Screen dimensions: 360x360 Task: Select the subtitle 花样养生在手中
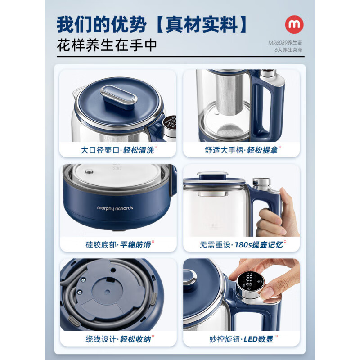[107, 46]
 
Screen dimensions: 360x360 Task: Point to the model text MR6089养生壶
[286, 43]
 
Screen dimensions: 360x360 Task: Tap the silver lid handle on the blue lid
[118, 95]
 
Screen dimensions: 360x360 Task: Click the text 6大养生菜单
[288, 50]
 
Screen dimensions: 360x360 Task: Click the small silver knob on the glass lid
[89, 171]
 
